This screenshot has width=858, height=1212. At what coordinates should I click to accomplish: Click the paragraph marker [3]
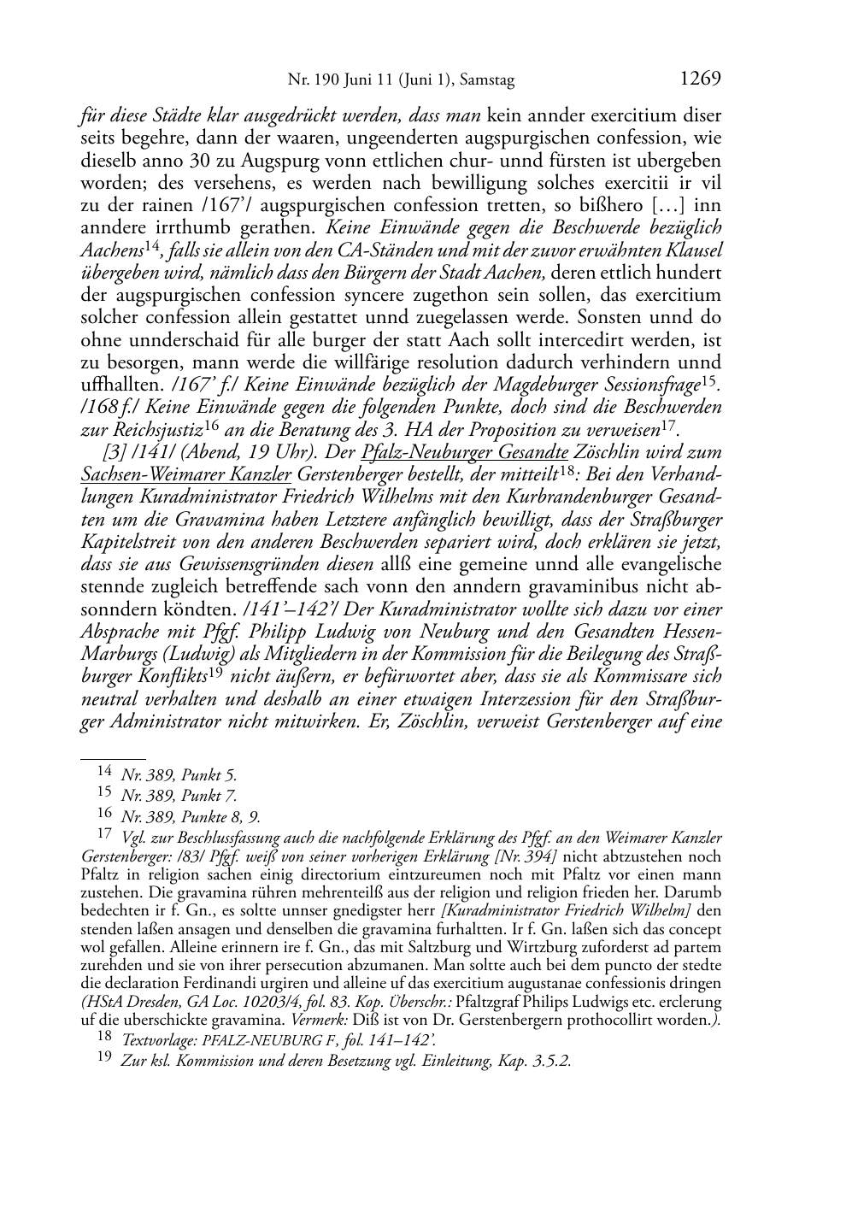tap(113, 452)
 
